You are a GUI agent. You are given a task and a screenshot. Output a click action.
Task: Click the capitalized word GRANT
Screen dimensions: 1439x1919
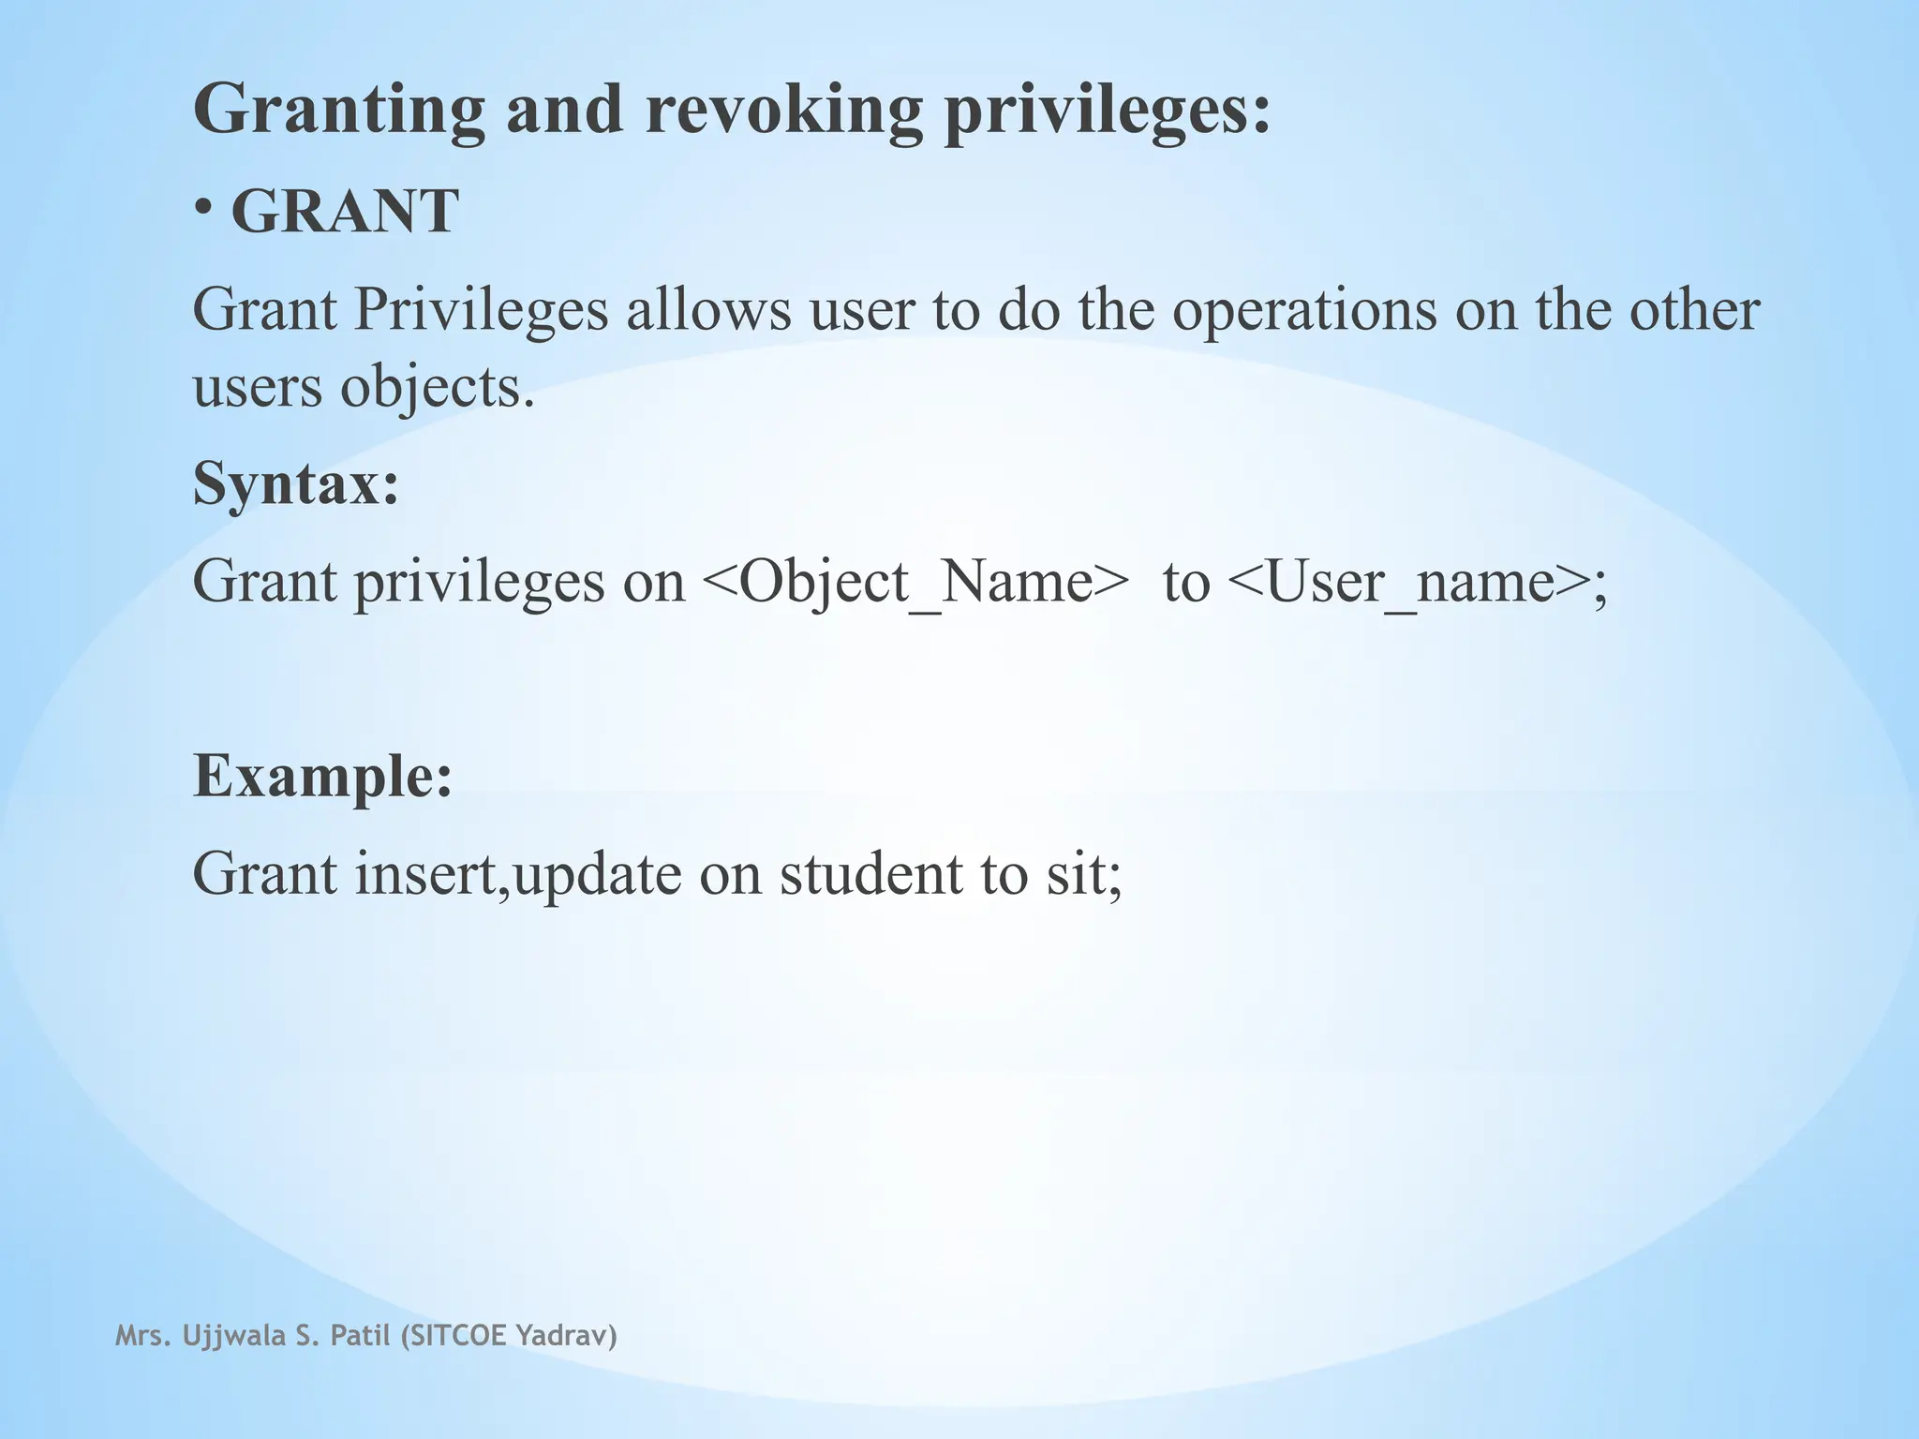tap(345, 212)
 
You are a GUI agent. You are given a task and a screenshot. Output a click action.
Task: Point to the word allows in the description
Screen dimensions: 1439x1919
tap(708, 310)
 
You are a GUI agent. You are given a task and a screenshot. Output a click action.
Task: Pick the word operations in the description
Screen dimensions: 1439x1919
tap(1304, 312)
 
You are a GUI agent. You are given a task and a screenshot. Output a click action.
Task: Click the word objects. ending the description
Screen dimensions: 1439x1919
tap(438, 387)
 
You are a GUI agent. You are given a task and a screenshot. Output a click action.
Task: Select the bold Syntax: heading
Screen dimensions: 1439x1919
tap(296, 483)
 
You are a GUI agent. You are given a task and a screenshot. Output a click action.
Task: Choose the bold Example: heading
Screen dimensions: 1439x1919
tap(322, 776)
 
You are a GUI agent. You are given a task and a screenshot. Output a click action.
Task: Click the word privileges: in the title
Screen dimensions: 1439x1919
tap(1107, 111)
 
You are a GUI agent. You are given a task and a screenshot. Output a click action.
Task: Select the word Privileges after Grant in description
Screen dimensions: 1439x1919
tap(482, 310)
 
